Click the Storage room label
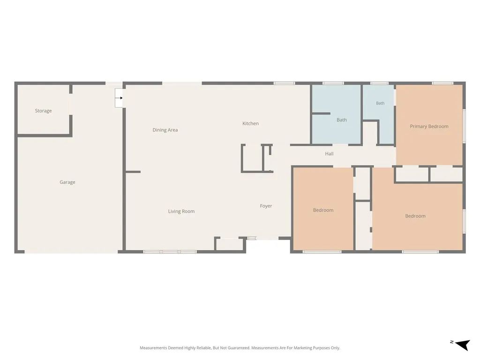pos(43,111)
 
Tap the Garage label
pos(67,182)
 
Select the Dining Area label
pos(165,130)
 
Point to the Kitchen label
pos(250,123)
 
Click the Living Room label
pos(181,211)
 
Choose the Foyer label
pos(266,206)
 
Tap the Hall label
pos(329,154)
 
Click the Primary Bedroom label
pos(429,127)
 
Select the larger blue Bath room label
pos(342,120)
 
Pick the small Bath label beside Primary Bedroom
pos(380,103)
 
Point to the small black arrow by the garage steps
pos(121,98)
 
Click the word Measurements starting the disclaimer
pos(154,348)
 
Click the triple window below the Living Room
pos(170,252)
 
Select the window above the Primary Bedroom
pos(442,83)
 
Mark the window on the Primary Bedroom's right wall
pos(464,126)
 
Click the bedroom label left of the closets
pos(323,210)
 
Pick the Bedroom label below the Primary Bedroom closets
pos(415,216)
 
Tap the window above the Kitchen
pos(285,83)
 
